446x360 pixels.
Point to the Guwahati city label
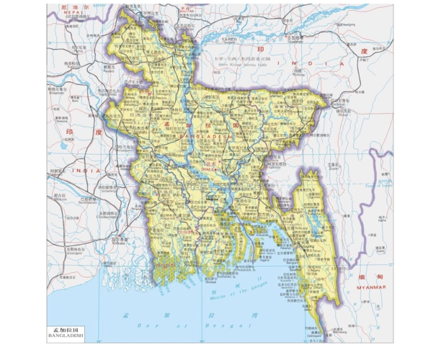(295, 42)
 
